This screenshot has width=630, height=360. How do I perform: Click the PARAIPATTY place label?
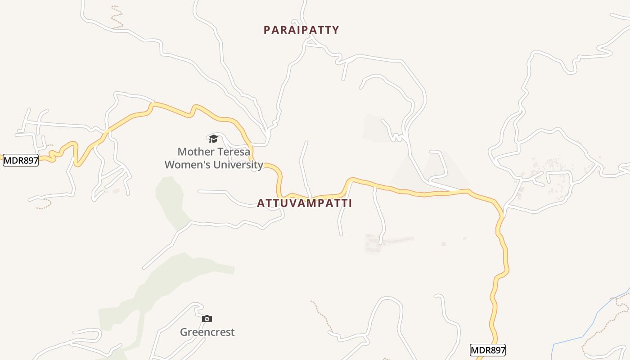click(x=301, y=30)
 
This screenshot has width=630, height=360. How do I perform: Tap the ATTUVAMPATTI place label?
click(x=304, y=203)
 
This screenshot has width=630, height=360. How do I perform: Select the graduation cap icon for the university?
click(x=213, y=139)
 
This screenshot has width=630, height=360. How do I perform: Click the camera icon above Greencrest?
click(x=207, y=319)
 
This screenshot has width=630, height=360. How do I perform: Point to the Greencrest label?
click(x=207, y=333)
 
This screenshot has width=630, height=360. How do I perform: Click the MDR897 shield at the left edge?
click(x=21, y=160)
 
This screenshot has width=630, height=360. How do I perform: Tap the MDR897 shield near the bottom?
click(x=488, y=350)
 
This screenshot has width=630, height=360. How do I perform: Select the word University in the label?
click(x=238, y=165)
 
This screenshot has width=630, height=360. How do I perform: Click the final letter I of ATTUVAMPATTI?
click(x=350, y=203)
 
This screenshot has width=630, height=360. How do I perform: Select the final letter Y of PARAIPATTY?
click(x=335, y=30)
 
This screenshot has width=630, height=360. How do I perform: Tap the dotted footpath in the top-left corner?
click(x=118, y=18)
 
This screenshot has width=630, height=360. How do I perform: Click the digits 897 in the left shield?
click(x=29, y=160)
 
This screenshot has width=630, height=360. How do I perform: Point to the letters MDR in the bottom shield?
click(x=480, y=350)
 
